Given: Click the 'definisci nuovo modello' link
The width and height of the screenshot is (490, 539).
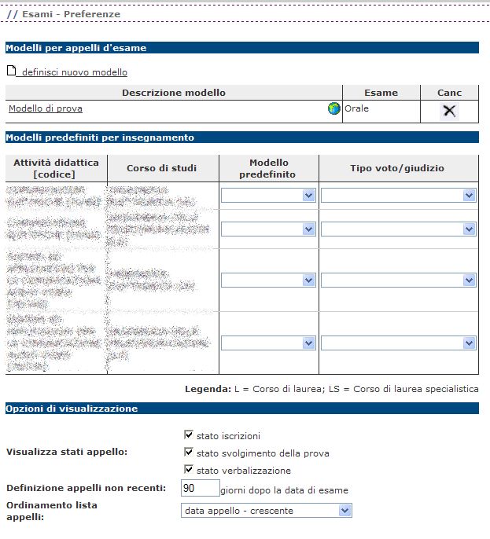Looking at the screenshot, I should (74, 72).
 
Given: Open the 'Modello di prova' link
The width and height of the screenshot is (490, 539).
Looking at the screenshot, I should (46, 108).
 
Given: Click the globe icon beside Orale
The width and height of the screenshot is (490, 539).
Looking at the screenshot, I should (334, 109).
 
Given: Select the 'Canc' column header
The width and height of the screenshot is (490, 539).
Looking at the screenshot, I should (449, 93).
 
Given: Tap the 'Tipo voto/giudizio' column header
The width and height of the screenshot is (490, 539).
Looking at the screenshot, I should (397, 168).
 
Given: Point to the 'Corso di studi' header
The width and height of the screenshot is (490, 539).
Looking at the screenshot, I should (162, 168).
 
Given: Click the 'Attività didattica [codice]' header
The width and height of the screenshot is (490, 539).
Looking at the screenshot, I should (55, 168).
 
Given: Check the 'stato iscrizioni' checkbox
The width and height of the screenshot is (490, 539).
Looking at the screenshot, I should (189, 434).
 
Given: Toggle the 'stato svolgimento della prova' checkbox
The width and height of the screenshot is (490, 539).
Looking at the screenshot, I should (189, 453).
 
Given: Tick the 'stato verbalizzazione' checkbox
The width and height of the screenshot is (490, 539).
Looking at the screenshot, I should (189, 470).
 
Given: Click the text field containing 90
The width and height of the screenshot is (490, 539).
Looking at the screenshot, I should (199, 489).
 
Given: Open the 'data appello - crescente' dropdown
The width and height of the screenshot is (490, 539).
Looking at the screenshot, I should (266, 511).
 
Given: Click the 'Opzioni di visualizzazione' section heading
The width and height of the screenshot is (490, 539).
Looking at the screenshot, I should (72, 409).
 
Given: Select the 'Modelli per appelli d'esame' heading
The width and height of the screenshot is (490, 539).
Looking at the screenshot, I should (76, 48).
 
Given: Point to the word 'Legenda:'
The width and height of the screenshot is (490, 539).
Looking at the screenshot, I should (206, 389).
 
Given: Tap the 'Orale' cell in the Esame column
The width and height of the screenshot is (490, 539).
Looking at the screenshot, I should (357, 108).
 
